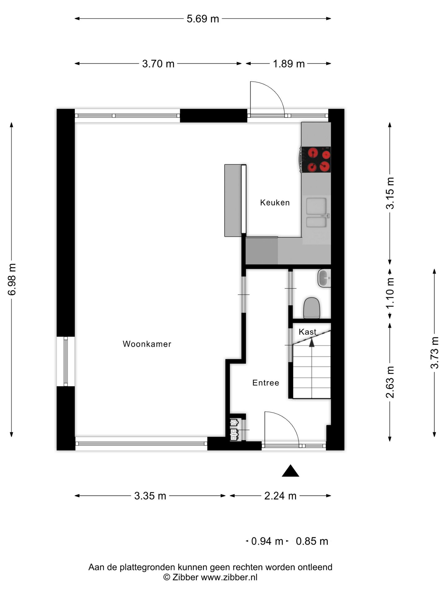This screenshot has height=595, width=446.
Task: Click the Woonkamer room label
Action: coord(147,344)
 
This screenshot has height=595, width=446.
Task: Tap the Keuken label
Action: coord(275,203)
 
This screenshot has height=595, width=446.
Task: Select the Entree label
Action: coord(265,383)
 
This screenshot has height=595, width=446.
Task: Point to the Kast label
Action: coord(307,332)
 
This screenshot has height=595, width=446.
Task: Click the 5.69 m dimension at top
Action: coord(203,19)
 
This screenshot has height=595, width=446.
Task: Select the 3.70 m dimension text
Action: coord(158,64)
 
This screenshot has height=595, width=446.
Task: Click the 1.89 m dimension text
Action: coord(289,64)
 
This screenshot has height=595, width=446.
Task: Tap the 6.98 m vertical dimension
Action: coord(12,279)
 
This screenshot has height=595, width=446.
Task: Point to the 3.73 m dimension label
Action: coord(435,352)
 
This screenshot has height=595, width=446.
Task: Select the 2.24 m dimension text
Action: coord(280,496)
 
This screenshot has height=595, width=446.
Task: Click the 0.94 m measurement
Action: coord(267,541)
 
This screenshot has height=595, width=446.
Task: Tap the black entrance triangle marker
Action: coord(290,471)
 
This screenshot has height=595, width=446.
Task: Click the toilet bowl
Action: coord(311,308)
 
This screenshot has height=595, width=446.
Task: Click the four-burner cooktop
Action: coord(316,159)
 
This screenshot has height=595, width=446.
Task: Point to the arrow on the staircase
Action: coord(312,342)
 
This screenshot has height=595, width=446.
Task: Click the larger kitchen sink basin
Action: coord(316,206)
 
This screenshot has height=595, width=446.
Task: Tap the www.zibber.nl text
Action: coord(229,577)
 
